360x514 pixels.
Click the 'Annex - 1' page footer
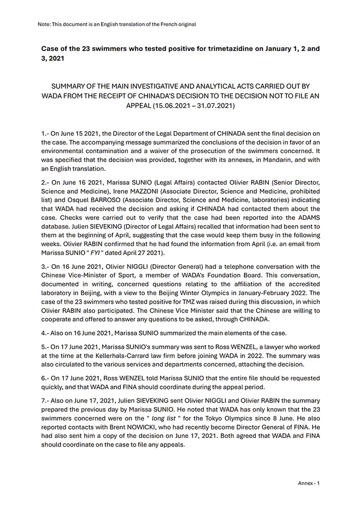(309, 483)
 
